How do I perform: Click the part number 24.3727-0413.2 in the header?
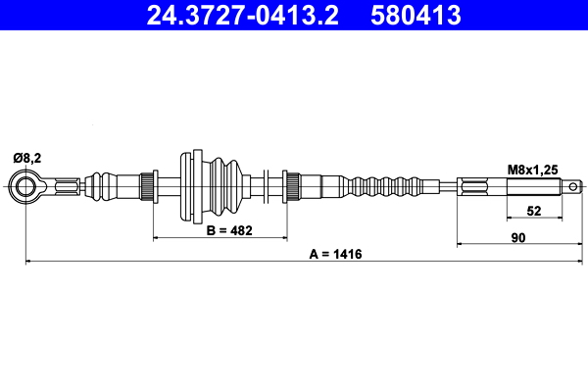[243, 16]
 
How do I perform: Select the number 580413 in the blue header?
[416, 16]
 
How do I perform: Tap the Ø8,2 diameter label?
[27, 159]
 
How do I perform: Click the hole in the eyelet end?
[25, 186]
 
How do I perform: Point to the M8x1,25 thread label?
[532, 170]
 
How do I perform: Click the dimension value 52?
[534, 211]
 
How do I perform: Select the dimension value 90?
[518, 238]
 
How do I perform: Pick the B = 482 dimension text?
[229, 230]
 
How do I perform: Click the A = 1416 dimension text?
[335, 254]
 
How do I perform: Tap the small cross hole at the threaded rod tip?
[573, 186]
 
